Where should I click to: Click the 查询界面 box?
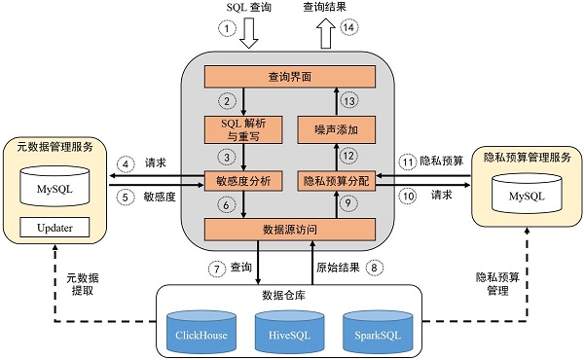288,74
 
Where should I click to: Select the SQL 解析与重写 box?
243,128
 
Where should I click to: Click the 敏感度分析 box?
243,180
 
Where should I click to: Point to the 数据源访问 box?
288,230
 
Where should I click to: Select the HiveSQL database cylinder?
289,333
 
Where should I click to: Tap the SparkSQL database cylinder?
376,333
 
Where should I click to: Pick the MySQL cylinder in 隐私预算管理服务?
523,195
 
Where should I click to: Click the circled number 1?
229,29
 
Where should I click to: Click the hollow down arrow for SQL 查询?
249,35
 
